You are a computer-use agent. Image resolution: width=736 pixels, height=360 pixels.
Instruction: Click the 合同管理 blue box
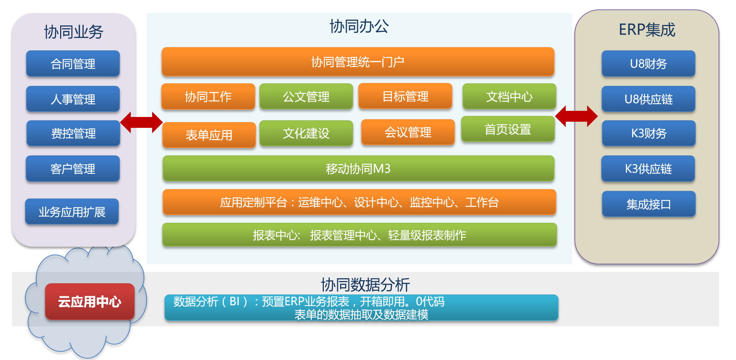73,63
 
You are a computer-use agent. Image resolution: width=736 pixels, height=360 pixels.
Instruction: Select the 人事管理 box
73,99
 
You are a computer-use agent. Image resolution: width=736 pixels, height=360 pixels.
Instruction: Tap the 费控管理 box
73,133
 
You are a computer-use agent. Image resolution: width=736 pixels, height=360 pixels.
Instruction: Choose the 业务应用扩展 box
72,212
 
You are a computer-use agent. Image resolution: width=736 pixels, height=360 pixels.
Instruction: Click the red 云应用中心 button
89,301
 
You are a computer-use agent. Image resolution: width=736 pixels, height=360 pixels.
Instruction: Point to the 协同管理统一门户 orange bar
358,62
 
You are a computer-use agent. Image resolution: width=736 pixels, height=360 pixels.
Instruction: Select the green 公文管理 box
306,96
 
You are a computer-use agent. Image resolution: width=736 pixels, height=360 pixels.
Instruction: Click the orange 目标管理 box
405,96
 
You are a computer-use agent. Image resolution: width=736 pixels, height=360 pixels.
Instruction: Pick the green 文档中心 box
509,96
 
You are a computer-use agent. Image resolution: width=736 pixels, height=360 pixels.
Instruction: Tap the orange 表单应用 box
209,135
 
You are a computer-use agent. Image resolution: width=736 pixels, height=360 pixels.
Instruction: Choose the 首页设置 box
508,129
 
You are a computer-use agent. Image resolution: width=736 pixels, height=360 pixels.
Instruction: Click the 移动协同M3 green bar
358,168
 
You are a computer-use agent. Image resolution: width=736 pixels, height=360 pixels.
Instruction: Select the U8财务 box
648,63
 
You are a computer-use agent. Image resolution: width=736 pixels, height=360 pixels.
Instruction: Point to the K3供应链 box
648,168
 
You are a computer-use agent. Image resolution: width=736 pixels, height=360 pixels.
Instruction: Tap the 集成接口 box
649,204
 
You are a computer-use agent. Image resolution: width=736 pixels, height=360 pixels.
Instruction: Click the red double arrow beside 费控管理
141,122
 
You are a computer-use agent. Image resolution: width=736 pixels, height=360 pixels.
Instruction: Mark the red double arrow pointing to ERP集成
576,116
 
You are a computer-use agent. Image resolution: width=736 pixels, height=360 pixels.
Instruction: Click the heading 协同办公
359,26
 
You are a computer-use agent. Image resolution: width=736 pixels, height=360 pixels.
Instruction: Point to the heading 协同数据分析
365,285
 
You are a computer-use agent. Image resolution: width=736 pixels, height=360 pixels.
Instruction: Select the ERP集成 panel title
647,30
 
